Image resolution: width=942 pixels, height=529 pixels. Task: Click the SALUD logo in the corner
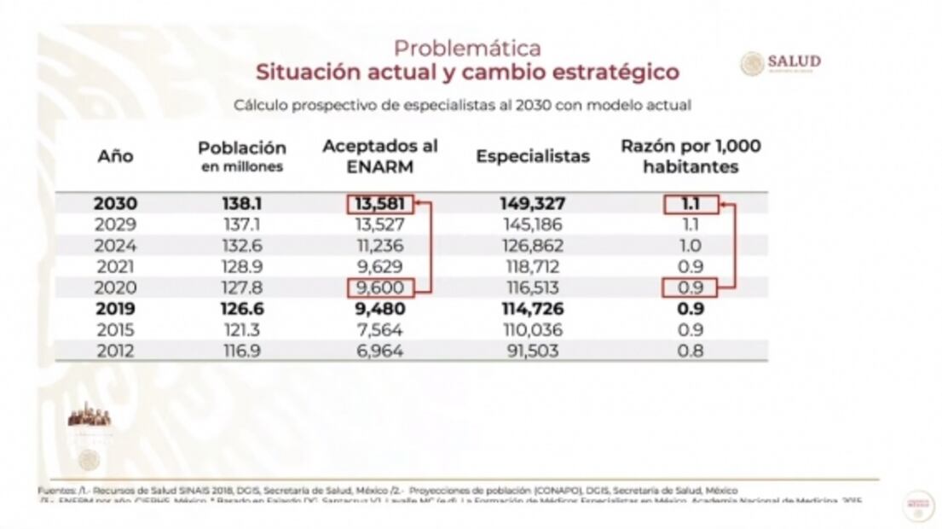(x=781, y=63)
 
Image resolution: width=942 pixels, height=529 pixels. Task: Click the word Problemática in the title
(x=467, y=48)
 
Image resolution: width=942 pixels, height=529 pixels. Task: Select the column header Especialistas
(x=533, y=156)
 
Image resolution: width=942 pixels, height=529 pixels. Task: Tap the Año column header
(x=115, y=156)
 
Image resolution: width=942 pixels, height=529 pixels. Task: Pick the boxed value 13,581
(x=380, y=205)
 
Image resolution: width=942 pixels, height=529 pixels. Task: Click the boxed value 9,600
(x=380, y=288)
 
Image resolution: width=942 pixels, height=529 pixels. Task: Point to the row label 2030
(x=115, y=205)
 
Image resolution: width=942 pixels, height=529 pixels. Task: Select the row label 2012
(x=115, y=350)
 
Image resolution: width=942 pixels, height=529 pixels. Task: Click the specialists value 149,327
(x=533, y=205)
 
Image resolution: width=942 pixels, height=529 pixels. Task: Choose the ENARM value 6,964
(x=380, y=350)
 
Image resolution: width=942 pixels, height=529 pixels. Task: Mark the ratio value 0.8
(x=691, y=350)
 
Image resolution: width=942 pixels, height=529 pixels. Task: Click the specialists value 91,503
(x=533, y=350)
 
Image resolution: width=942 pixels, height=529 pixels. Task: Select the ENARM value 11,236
(x=380, y=246)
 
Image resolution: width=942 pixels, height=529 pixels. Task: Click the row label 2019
(x=115, y=308)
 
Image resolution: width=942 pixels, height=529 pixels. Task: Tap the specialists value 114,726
(x=533, y=308)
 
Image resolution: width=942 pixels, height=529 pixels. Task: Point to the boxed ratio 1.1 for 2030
(x=691, y=205)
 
